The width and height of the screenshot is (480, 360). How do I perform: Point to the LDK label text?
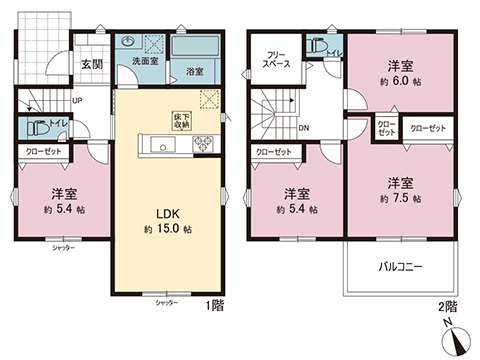coord(167,213)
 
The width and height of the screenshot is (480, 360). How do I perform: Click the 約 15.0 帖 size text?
coord(167,230)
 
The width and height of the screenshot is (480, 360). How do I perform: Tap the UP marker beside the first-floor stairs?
coord(77,101)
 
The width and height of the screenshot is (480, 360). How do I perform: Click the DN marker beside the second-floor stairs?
coord(304,129)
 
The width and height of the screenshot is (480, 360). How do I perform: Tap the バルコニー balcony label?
coord(400,268)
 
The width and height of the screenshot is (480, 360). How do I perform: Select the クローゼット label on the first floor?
coord(39,152)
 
